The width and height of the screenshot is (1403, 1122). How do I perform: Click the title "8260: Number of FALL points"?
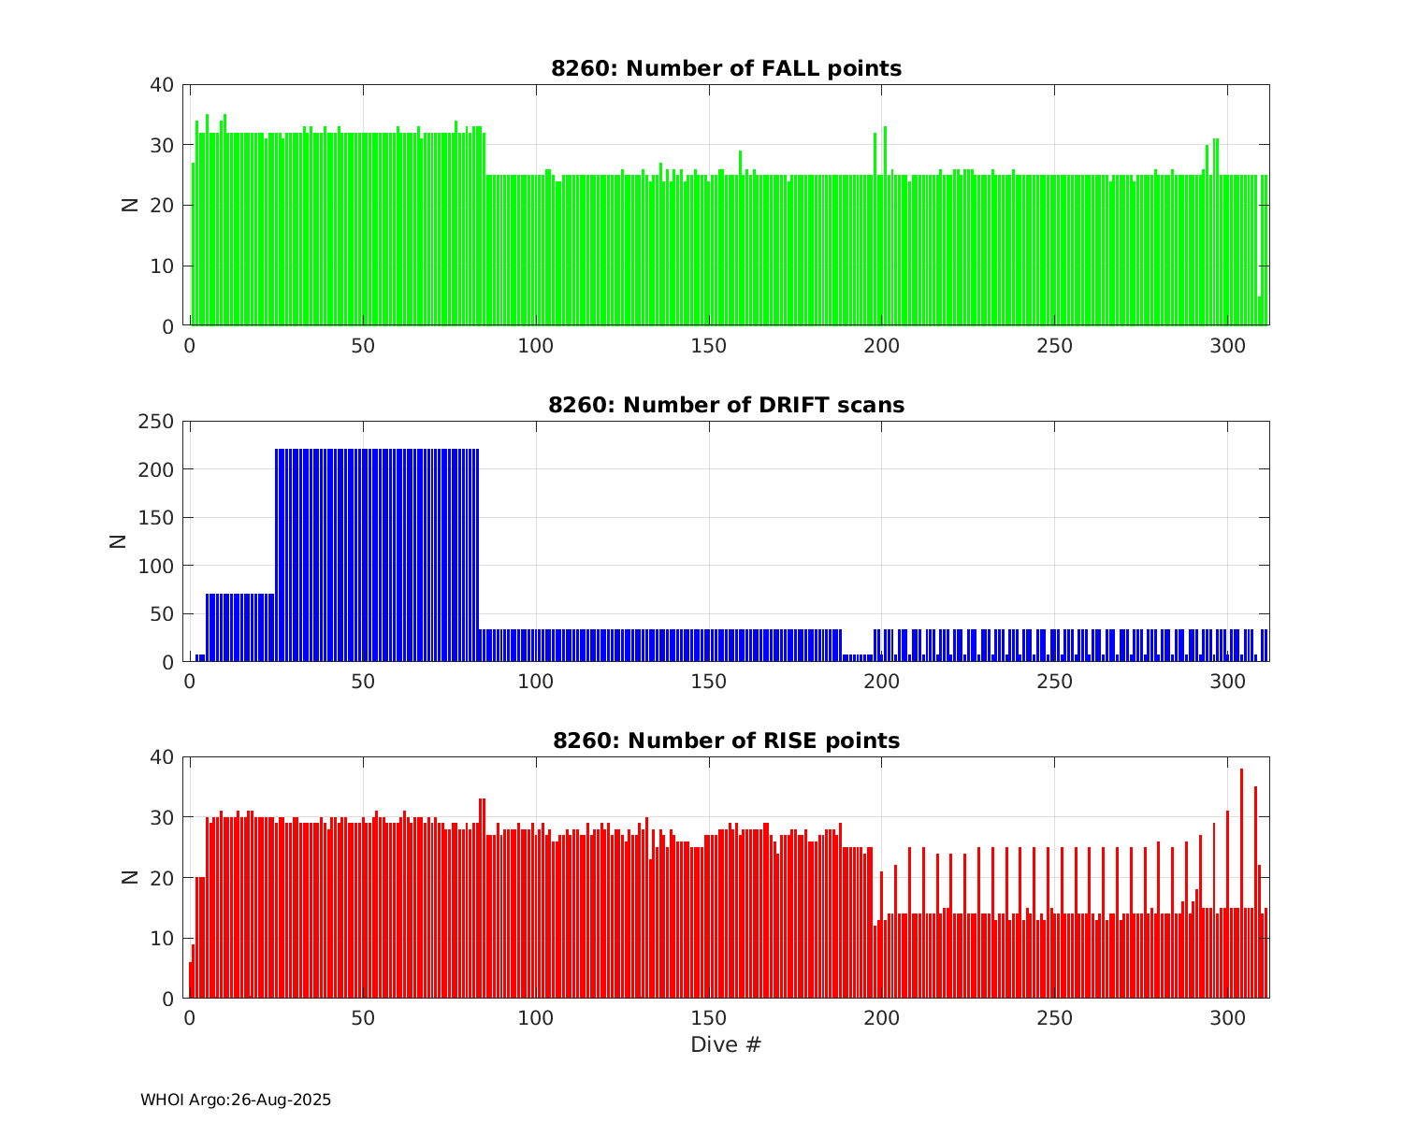(x=726, y=68)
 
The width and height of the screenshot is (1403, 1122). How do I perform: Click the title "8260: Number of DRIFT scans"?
(x=726, y=405)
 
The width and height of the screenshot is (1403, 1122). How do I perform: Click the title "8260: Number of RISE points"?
(x=726, y=741)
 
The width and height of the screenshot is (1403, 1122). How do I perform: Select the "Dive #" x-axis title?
(x=726, y=1044)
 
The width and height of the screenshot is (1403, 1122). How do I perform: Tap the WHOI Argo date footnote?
(x=236, y=1100)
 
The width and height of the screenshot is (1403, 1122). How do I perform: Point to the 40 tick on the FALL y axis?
(x=163, y=85)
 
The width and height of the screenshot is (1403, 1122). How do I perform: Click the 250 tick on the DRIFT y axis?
(x=155, y=422)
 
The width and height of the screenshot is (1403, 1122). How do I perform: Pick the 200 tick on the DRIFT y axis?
(x=155, y=469)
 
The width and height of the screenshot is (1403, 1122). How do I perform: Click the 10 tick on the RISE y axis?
(x=163, y=938)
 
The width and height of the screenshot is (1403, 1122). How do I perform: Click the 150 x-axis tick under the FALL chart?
(x=709, y=345)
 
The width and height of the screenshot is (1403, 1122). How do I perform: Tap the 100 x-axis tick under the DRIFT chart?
(x=536, y=681)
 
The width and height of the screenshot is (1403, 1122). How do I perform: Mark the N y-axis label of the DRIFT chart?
(x=119, y=540)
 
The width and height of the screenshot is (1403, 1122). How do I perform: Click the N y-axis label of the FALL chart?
(x=130, y=205)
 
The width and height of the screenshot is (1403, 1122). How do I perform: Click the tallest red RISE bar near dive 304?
(x=1241, y=884)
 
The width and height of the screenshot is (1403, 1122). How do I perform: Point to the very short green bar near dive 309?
(x=1259, y=311)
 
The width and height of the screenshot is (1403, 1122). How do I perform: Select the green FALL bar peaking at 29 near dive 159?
(x=740, y=238)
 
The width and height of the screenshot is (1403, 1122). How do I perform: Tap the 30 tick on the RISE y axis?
(x=163, y=817)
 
